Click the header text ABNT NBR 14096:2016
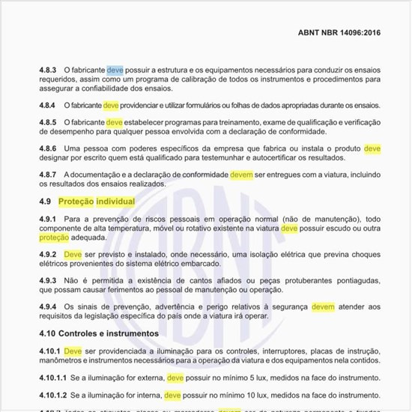coord(339,34)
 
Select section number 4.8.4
coord(48,106)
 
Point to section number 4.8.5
coord(48,122)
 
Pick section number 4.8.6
coord(48,148)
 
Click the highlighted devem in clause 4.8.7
coord(241,175)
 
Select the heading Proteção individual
coord(97,202)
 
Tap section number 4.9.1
coord(48,218)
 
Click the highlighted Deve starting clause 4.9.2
coord(73,255)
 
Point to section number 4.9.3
coord(48,280)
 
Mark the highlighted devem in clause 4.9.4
coord(323,306)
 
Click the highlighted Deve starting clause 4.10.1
coord(73,350)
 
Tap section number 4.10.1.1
coord(52,378)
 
